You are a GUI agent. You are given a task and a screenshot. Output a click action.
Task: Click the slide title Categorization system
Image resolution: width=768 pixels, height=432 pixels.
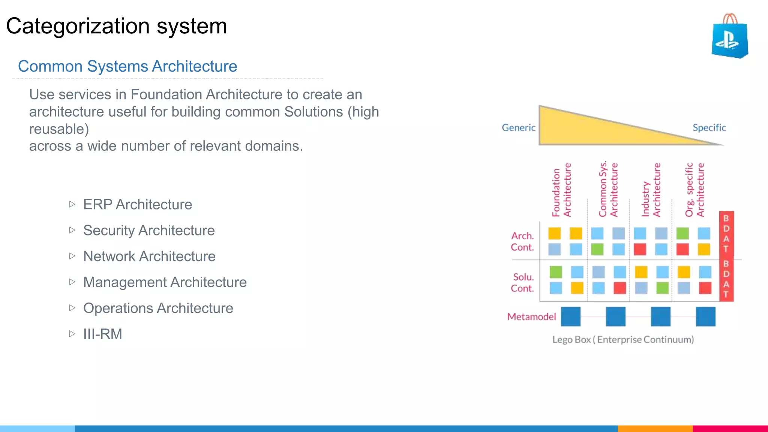pyautogui.click(x=117, y=26)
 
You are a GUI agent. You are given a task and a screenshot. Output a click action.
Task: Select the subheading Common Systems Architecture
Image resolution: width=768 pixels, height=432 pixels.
pyautogui.click(x=127, y=66)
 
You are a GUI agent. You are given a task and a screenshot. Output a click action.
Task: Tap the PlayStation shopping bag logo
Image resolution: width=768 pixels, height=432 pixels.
pyautogui.click(x=729, y=37)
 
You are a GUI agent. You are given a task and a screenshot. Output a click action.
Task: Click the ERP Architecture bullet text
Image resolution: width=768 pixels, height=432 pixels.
pyautogui.click(x=137, y=205)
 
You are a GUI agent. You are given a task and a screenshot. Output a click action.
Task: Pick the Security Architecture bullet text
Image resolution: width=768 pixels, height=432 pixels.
pyautogui.click(x=149, y=231)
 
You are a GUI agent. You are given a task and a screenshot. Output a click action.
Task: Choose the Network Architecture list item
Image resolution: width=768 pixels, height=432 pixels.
pyautogui.click(x=149, y=256)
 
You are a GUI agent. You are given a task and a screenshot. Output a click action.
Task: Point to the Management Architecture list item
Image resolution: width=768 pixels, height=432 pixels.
pyautogui.click(x=165, y=282)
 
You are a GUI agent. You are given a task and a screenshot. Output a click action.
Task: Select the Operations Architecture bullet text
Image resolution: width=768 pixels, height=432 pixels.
pyautogui.click(x=158, y=308)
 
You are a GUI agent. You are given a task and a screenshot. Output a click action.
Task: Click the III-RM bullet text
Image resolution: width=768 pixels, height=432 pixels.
pyautogui.click(x=102, y=334)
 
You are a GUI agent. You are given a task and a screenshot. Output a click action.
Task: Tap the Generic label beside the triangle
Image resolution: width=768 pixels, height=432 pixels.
pyautogui.click(x=518, y=128)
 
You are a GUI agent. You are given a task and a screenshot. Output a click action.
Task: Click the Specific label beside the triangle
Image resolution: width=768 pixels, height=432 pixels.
pyautogui.click(x=709, y=128)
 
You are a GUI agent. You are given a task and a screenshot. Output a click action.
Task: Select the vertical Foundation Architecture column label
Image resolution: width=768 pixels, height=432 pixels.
pyautogui.click(x=561, y=190)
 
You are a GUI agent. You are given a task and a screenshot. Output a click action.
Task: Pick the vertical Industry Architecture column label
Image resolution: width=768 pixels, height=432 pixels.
pyautogui.click(x=651, y=190)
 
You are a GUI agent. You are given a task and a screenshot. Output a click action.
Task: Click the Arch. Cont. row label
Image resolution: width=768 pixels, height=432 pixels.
pyautogui.click(x=522, y=241)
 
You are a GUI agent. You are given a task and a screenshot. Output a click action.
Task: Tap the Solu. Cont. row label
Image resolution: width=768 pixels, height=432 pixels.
pyautogui.click(x=522, y=283)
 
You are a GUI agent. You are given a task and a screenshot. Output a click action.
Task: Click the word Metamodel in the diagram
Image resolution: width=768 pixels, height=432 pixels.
pyautogui.click(x=531, y=317)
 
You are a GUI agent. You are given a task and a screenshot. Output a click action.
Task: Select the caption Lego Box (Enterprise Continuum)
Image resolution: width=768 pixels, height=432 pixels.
pyautogui.click(x=623, y=340)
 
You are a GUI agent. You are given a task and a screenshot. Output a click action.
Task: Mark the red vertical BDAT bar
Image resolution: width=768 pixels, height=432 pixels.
pyautogui.click(x=726, y=256)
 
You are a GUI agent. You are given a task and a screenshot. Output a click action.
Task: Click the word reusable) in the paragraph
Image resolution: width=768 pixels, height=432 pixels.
pyautogui.click(x=59, y=129)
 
